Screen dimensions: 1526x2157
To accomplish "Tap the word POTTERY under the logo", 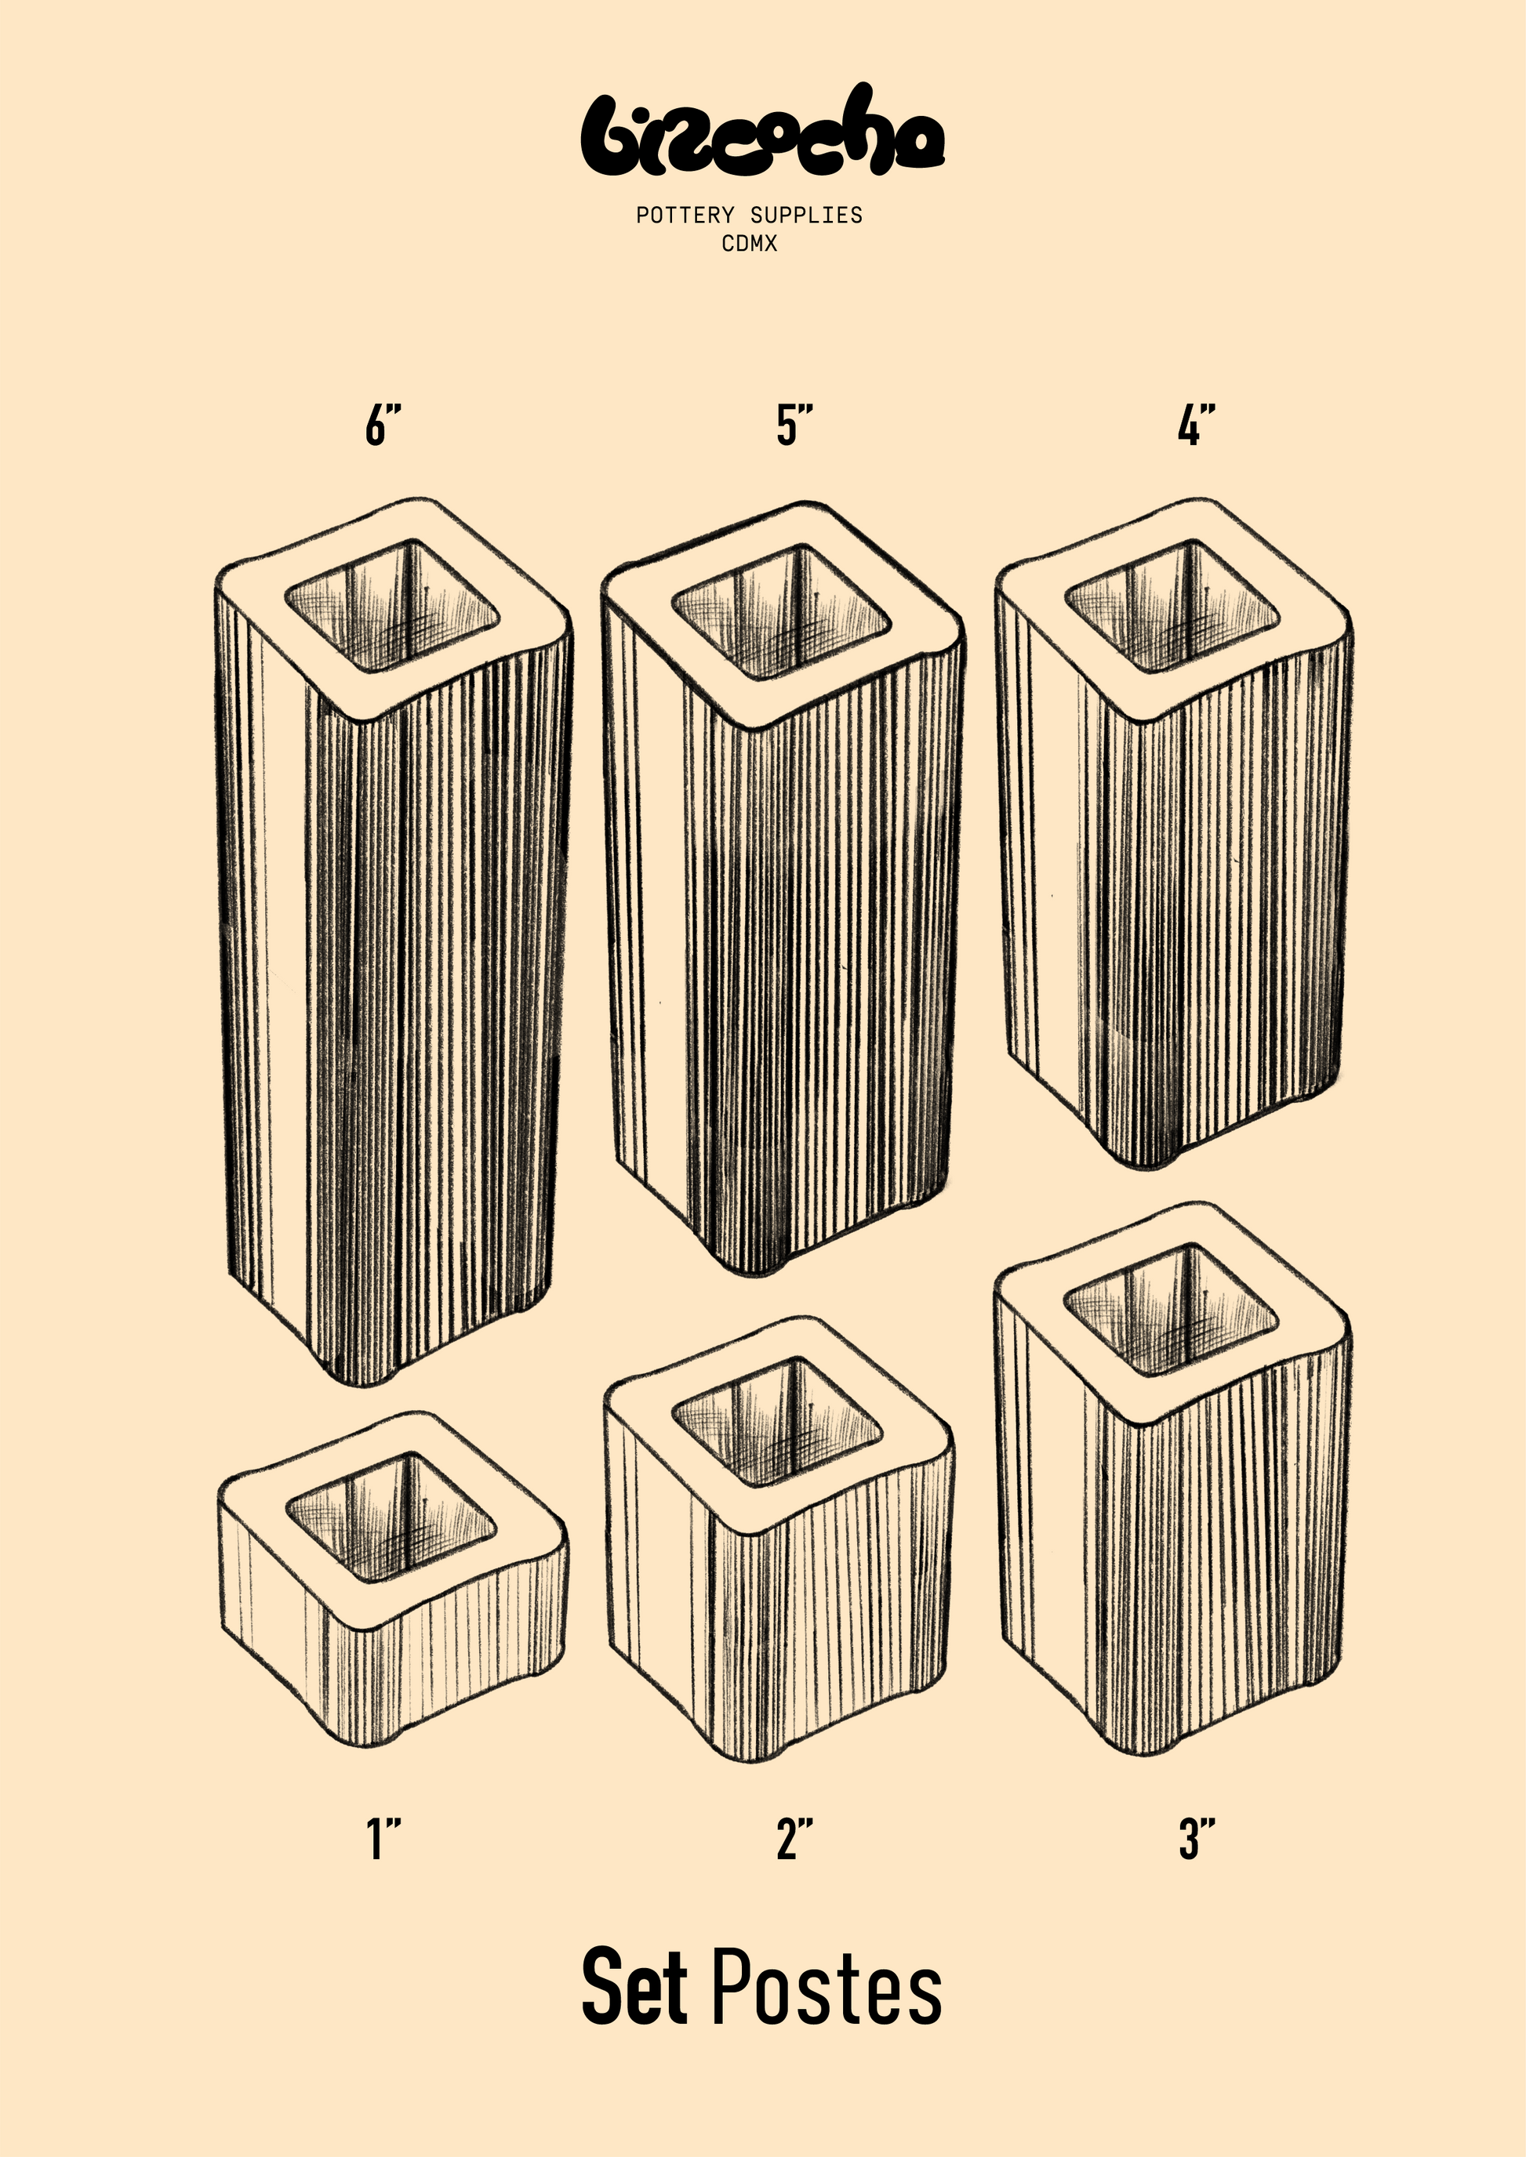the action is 685,215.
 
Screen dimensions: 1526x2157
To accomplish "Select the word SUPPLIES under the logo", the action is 806,215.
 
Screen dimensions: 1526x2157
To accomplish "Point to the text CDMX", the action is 750,243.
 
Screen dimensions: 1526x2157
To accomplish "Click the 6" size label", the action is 383,425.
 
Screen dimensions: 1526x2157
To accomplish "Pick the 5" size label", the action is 795,425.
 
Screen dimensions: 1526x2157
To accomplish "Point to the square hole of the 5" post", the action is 782,611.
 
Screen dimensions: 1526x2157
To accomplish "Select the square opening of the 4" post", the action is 1172,606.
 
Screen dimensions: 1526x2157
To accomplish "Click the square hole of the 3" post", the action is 1171,1311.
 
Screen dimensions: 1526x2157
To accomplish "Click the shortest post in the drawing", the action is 393,1579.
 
